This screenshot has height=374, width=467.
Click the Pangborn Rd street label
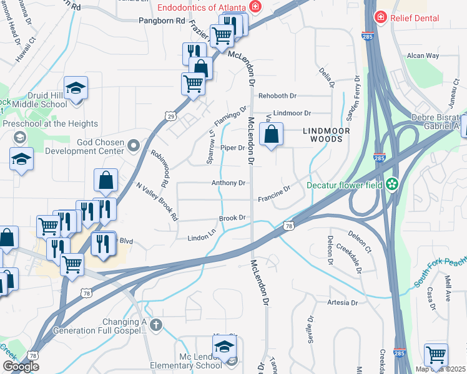coord(163,21)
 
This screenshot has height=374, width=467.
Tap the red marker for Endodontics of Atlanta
coord(255,7)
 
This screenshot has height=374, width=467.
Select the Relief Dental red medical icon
coord(380,17)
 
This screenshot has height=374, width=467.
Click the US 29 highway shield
coord(170,115)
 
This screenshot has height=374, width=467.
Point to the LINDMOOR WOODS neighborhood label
coord(323,135)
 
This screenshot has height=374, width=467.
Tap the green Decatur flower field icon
coord(392,185)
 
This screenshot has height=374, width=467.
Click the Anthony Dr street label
coord(228,183)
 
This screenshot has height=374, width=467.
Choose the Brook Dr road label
coord(232,218)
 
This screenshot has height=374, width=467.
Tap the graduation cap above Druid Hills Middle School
coord(76,89)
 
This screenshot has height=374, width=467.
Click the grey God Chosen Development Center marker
coord(132,146)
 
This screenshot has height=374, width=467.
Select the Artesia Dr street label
coord(342,303)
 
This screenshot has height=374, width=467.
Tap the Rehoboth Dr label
coord(277,96)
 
